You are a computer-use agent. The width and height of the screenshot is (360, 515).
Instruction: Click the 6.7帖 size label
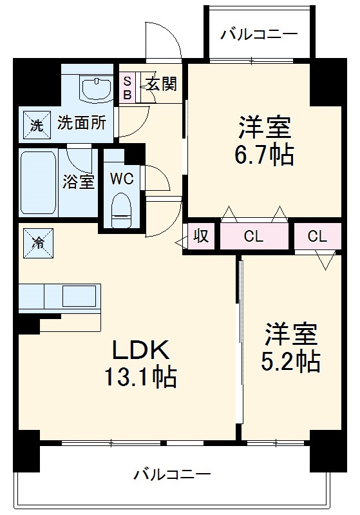[265, 155]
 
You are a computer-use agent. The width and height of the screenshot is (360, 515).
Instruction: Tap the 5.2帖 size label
[290, 362]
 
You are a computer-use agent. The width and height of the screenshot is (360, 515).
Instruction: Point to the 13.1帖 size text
[141, 377]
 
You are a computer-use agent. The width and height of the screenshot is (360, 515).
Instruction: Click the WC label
[121, 179]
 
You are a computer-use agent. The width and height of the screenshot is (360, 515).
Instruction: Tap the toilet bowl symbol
[120, 208]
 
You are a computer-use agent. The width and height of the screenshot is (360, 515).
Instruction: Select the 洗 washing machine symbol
[36, 124]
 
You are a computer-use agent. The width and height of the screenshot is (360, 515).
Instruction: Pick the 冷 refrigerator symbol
[37, 243]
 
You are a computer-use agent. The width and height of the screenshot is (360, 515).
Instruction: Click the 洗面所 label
[81, 123]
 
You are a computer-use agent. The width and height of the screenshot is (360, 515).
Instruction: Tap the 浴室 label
[79, 182]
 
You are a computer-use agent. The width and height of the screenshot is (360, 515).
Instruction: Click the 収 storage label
[202, 237]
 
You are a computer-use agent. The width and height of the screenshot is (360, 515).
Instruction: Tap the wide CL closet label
[254, 237]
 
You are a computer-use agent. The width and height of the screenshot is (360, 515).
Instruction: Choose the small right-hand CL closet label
[317, 237]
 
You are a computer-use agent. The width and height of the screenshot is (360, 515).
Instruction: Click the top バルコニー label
[259, 34]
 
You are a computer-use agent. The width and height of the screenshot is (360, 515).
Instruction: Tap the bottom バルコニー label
[172, 476]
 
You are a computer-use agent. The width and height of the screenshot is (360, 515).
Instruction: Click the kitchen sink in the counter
[78, 297]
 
